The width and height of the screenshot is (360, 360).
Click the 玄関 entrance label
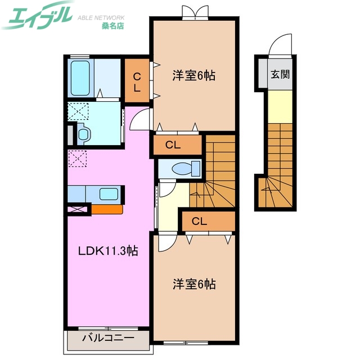pyautogui.click(x=280, y=74)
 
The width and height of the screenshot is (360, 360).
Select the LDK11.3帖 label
pyautogui.click(x=108, y=251)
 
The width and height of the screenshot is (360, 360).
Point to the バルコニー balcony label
pyautogui.click(x=109, y=339)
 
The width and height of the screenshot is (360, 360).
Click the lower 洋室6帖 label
pyautogui.click(x=194, y=285)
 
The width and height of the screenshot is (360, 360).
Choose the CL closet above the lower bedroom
pyautogui.click(x=206, y=221)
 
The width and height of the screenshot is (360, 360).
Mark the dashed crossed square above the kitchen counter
pyautogui.click(x=76, y=159)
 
